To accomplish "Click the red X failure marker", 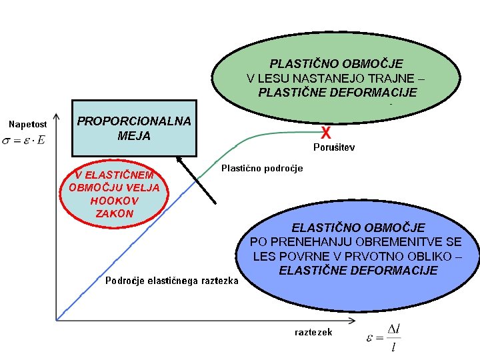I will [x=327, y=132].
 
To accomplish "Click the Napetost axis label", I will [x=27, y=124].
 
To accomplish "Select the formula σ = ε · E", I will [x=24, y=140].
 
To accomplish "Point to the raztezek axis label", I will [x=313, y=331].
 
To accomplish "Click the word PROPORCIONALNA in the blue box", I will [x=134, y=121].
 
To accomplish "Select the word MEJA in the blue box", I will [x=134, y=136].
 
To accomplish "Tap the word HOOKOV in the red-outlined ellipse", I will [x=114, y=200].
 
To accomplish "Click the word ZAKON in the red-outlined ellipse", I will [x=115, y=213].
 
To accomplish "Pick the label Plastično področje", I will [x=262, y=168].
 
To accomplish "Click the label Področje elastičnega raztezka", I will [x=172, y=281].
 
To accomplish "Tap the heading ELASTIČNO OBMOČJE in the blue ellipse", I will [x=358, y=228].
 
